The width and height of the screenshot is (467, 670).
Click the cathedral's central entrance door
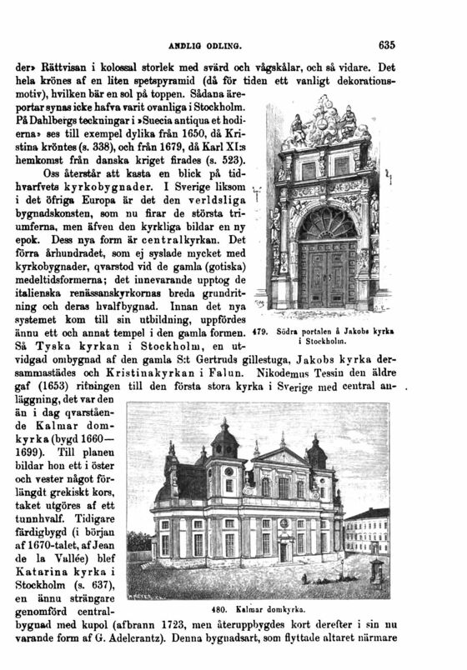click(284, 549)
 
